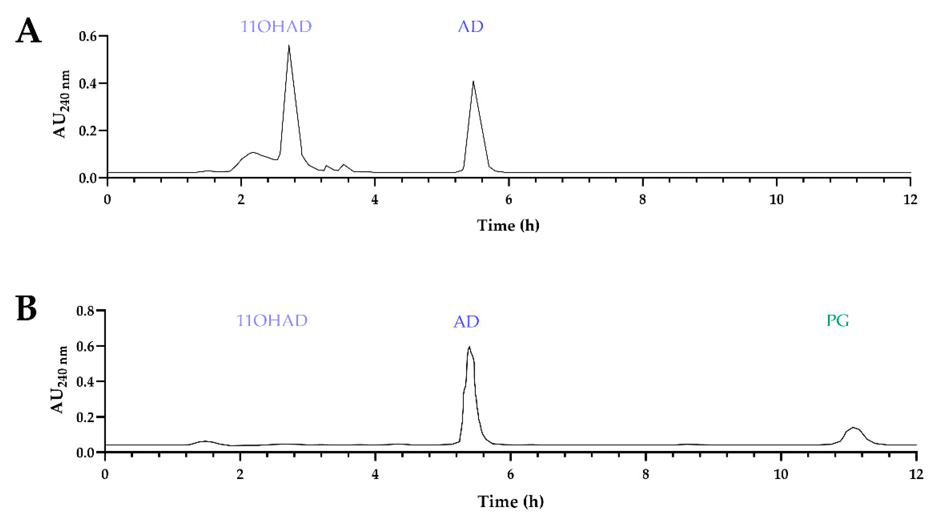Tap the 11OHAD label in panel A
pyautogui.click(x=276, y=27)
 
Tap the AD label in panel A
pyautogui.click(x=470, y=27)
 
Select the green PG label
pyautogui.click(x=838, y=321)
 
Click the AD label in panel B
pyautogui.click(x=466, y=322)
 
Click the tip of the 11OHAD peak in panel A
pyautogui.click(x=289, y=46)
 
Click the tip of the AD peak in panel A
pyautogui.click(x=473, y=82)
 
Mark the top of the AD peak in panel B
pyautogui.click(x=469, y=346)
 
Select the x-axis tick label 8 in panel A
pyautogui.click(x=642, y=200)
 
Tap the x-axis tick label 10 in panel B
pyautogui.click(x=781, y=474)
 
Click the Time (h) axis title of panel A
pyautogui.click(x=508, y=225)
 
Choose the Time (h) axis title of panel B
pyautogui.click(x=511, y=501)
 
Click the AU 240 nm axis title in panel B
pyautogui.click(x=59, y=380)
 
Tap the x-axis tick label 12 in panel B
pyautogui.click(x=916, y=474)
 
